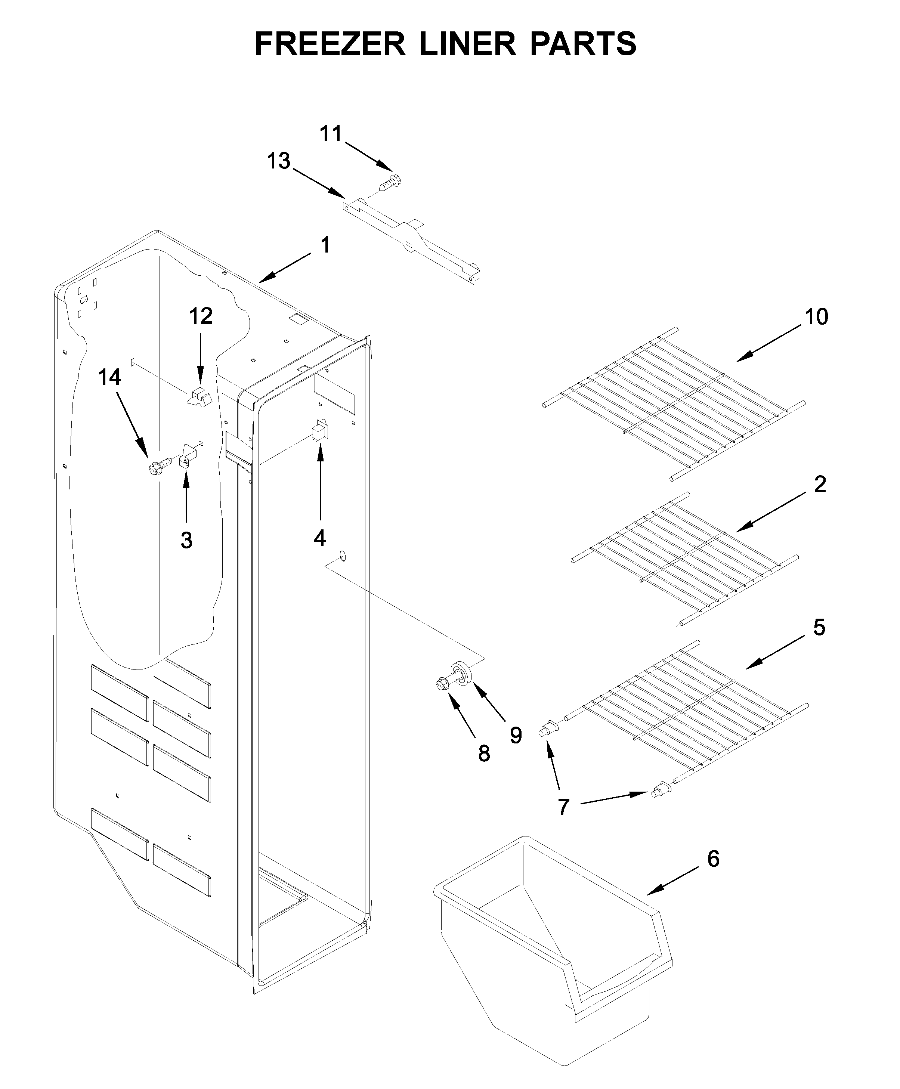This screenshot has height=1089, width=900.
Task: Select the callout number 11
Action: click(x=330, y=134)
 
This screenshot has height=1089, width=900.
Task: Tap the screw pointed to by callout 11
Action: click(x=390, y=183)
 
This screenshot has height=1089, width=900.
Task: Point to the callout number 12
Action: click(x=201, y=316)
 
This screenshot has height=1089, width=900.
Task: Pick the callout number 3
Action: click(x=187, y=540)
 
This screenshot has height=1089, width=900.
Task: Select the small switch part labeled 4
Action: click(x=319, y=431)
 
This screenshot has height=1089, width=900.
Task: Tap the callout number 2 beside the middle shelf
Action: click(x=820, y=484)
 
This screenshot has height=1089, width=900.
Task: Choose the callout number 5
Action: click(x=819, y=627)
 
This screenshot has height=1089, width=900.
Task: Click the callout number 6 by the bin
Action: click(x=713, y=859)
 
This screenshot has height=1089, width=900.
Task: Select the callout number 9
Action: click(x=515, y=735)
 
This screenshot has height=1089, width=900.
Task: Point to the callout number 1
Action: click(x=325, y=245)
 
